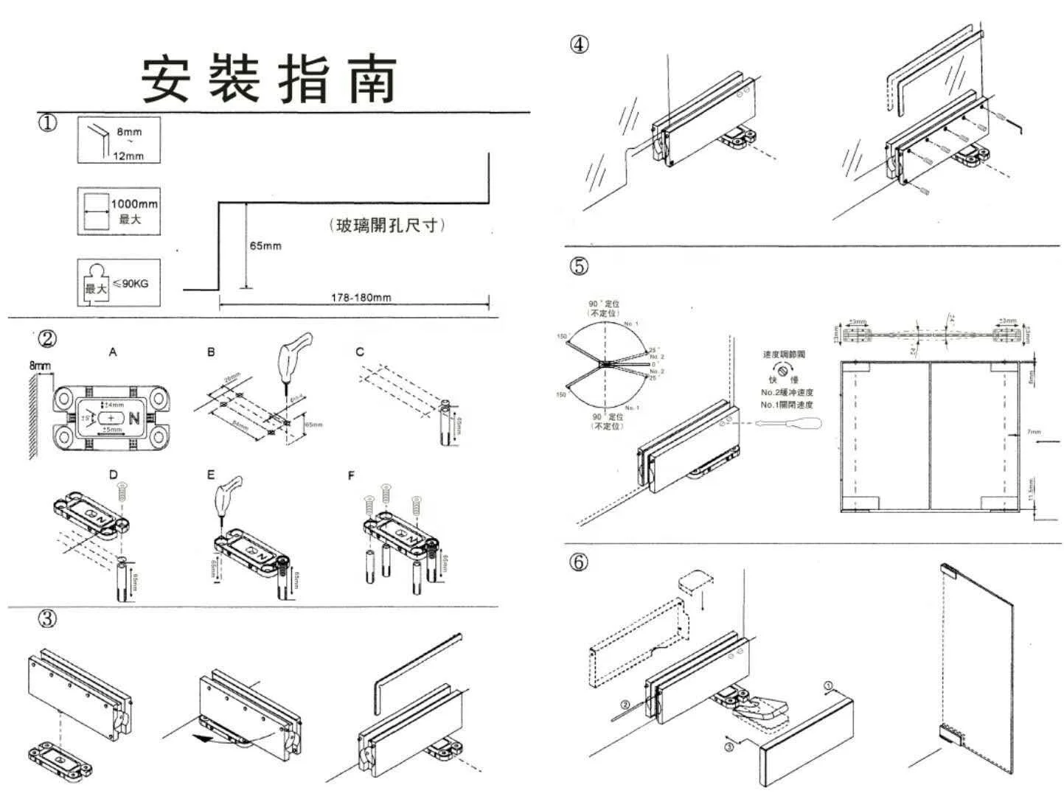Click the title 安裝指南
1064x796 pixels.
coord(269,78)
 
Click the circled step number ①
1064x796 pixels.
coord(47,122)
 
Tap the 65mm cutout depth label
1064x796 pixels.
coord(265,245)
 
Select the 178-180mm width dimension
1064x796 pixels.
coord(361,298)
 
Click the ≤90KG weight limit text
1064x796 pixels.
coord(131,284)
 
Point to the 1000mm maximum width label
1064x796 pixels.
coord(133,204)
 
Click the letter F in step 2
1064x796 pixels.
coord(351,476)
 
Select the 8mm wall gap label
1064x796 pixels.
coord(40,366)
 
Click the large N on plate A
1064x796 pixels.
coord(134,418)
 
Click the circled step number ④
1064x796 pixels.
coord(580,44)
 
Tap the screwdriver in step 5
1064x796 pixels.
coord(789,425)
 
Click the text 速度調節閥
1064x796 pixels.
coord(784,355)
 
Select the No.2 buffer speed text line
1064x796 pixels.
coord(787,393)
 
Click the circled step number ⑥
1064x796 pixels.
coord(580,562)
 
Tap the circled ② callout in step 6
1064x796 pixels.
coord(625,705)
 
